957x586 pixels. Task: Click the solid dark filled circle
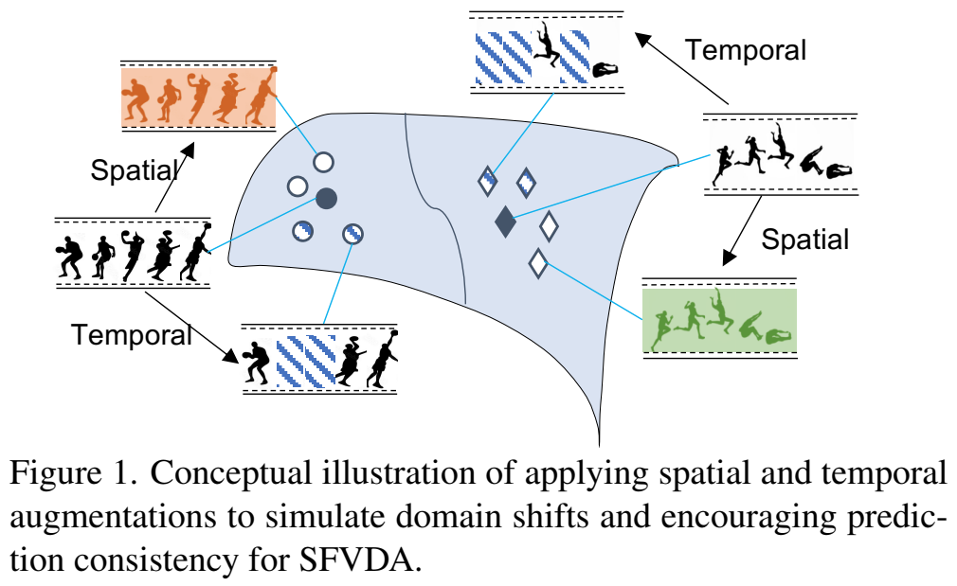pos(325,198)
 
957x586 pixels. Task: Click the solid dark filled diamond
pos(505,221)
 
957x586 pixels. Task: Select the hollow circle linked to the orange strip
pos(323,162)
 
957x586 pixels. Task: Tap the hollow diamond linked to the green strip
pos(538,262)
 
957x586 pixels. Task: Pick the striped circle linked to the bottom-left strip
pos(353,233)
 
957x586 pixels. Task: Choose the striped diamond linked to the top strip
pos(488,180)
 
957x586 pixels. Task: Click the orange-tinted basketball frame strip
pos(197,96)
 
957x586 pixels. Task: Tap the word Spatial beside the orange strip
pos(134,170)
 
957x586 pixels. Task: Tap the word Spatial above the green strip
pos(805,239)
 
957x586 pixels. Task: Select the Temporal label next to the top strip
pos(746,49)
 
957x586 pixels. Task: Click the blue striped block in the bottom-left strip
pos(305,361)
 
